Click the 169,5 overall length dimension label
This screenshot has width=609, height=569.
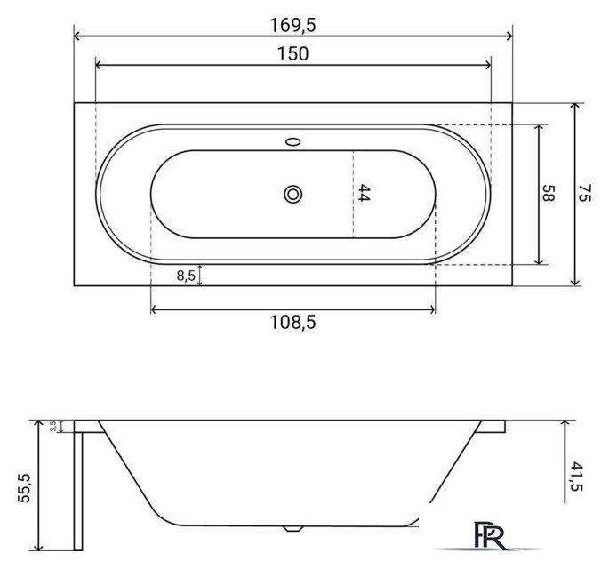coord(292,26)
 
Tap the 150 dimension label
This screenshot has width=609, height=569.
coord(293,54)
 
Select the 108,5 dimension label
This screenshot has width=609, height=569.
coord(292,323)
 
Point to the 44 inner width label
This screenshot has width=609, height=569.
coord(364,193)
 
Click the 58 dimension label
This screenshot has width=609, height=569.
coord(548,193)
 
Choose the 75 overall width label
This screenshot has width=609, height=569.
coord(585,193)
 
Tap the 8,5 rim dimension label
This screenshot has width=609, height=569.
coord(186,276)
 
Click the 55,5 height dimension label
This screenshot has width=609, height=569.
coord(24,488)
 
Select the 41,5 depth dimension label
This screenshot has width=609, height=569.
coord(577,477)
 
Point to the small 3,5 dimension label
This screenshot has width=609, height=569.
coord(53,426)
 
